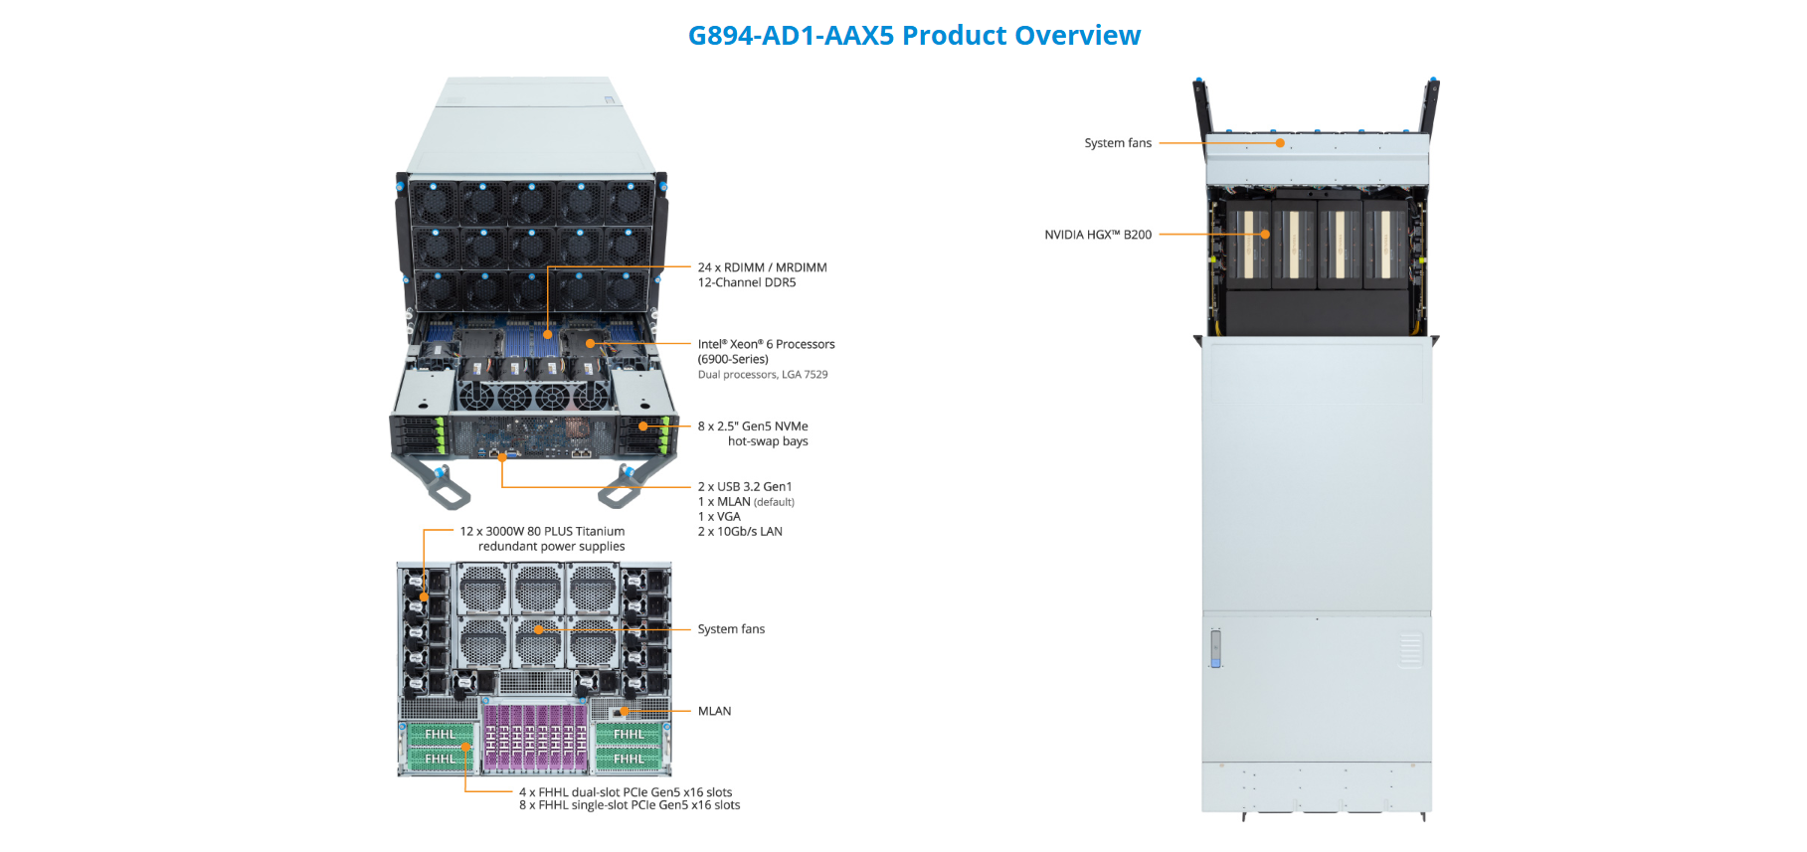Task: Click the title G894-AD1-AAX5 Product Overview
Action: point(914,36)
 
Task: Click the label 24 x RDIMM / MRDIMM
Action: point(762,267)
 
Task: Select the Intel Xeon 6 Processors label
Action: point(766,344)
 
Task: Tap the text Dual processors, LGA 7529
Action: point(762,375)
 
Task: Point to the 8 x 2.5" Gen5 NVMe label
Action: point(753,426)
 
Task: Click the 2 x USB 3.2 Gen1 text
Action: point(745,487)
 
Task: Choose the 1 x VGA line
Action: point(719,517)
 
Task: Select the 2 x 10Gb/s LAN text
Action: point(740,532)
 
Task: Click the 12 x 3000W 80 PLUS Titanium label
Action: point(542,532)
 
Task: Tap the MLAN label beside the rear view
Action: point(714,711)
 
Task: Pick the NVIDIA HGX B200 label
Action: point(1098,235)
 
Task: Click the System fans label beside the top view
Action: point(1118,143)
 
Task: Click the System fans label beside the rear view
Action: point(731,629)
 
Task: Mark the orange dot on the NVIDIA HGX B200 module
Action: point(1265,235)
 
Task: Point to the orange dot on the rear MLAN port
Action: point(625,711)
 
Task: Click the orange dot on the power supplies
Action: point(425,597)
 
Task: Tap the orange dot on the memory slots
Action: point(547,335)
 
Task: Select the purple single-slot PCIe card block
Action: point(535,738)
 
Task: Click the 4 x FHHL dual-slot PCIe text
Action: point(625,792)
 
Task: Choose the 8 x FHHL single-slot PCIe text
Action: point(629,805)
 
